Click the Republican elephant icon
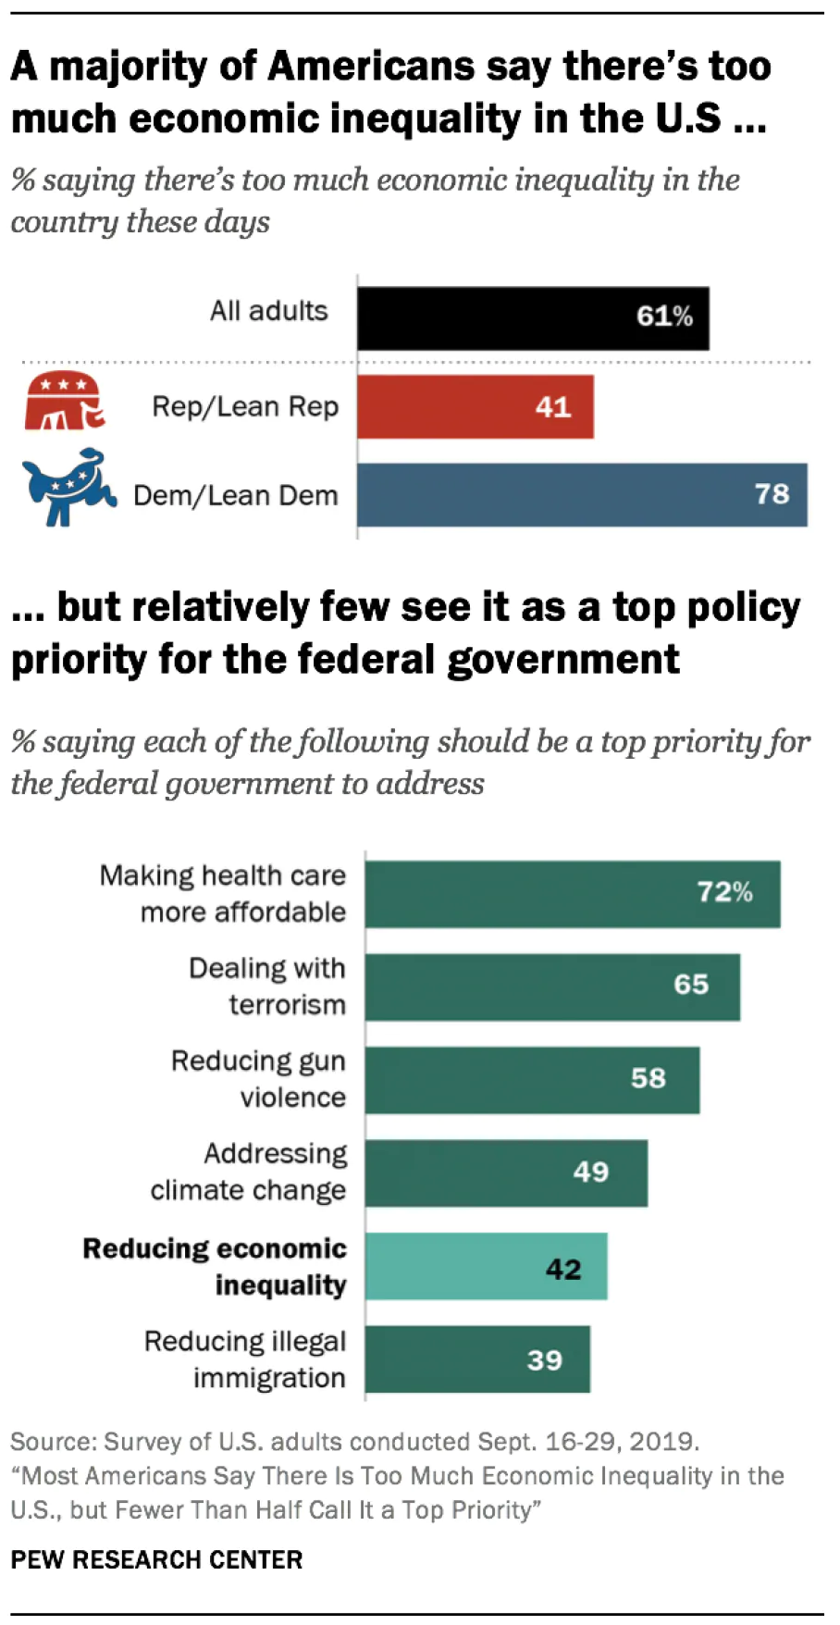64,403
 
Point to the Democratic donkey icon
68,488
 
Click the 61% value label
664,316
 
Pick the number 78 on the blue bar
772,494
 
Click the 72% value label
724,892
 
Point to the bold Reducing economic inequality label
215,1266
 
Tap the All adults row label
268,311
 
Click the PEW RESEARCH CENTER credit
156,1559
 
